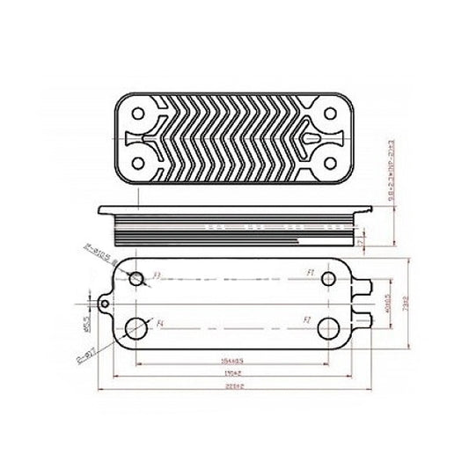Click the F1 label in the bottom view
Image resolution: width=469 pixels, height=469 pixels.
click(311, 274)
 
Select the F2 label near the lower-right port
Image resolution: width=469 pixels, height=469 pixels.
click(307, 319)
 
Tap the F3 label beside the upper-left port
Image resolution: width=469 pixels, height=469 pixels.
click(156, 275)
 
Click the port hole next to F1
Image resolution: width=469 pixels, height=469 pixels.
click(327, 280)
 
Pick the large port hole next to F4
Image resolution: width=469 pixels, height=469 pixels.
click(137, 329)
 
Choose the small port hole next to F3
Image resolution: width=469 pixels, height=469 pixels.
click(137, 279)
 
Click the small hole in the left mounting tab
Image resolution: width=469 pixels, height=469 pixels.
click(106, 304)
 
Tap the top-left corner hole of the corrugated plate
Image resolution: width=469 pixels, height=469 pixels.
click(140, 114)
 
